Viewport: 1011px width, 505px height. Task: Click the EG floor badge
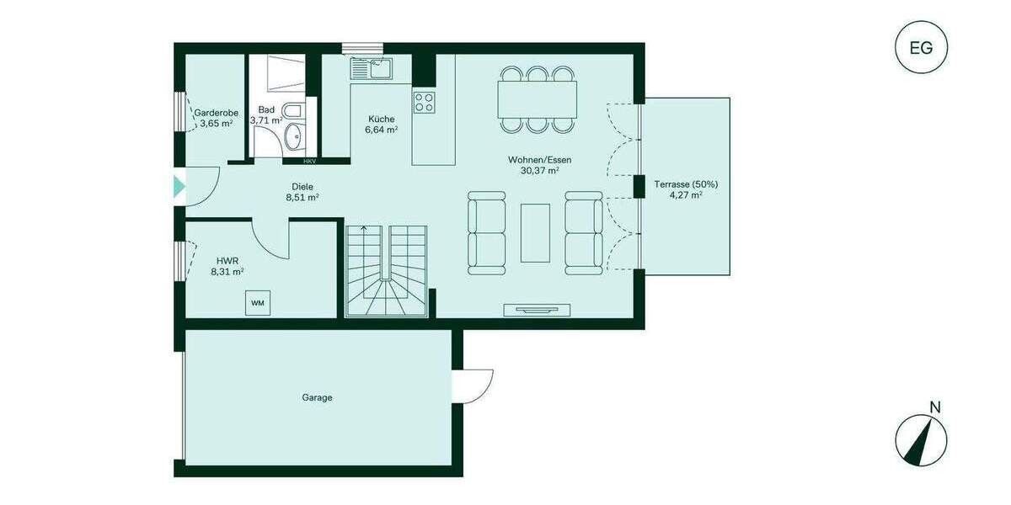tap(921, 48)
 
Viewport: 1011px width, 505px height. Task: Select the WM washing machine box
tap(257, 302)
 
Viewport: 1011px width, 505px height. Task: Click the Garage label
tap(317, 397)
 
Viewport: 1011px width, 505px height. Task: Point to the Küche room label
tap(381, 119)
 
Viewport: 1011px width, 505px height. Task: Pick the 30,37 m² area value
tap(540, 170)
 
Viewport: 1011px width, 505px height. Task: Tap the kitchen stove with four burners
tap(424, 103)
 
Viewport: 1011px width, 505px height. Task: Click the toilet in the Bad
tap(290, 111)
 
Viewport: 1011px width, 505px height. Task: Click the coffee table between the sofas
tap(536, 232)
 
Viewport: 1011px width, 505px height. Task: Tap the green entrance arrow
tap(179, 187)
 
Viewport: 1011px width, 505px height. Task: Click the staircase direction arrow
tap(363, 228)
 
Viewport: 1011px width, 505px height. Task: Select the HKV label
tap(310, 161)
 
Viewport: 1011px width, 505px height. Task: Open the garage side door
tap(473, 385)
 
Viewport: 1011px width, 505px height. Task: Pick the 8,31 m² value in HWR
tap(227, 272)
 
